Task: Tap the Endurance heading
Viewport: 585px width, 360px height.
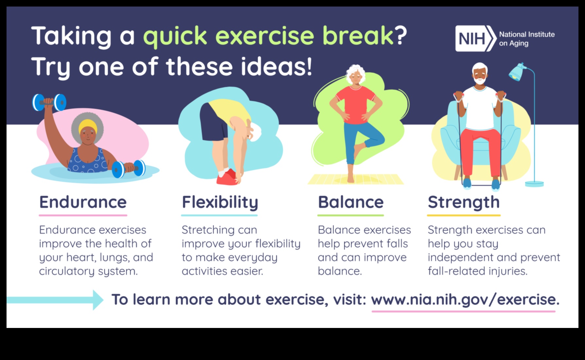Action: tap(83, 202)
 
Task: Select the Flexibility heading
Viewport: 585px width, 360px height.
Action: tap(220, 202)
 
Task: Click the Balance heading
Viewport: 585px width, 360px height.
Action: tap(350, 202)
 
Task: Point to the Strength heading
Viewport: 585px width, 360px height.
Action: tap(463, 202)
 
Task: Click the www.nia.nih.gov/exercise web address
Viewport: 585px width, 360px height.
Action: tap(465, 300)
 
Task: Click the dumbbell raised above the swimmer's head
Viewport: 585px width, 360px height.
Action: tap(49, 102)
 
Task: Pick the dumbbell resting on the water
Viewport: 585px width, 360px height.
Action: tap(129, 168)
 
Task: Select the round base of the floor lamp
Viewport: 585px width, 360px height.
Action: tap(534, 184)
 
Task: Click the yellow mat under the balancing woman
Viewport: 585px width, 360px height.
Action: tap(356, 179)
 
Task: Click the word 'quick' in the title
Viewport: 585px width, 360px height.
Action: tap(175, 36)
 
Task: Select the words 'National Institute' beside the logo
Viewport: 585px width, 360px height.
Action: tap(526, 34)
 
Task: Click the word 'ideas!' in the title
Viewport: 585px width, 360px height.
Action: tap(276, 67)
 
